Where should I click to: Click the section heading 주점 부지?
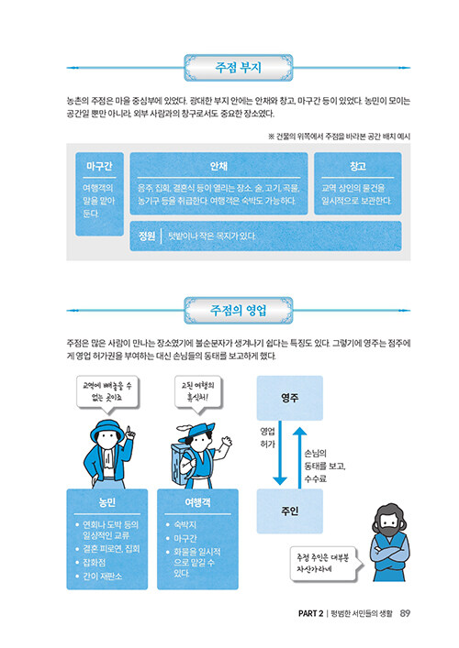(x=238, y=67)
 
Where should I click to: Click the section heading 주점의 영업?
(x=238, y=310)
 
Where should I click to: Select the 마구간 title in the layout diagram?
(x=99, y=166)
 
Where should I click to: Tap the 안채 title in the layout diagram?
(x=218, y=166)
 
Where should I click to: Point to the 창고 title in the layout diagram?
(x=358, y=166)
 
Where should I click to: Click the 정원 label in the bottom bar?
(x=147, y=236)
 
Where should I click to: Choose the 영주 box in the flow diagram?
(x=290, y=398)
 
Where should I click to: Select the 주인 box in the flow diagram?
(x=290, y=511)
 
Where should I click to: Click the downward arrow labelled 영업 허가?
(x=280, y=453)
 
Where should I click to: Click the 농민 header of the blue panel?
(x=106, y=502)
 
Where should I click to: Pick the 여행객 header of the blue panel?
(x=197, y=502)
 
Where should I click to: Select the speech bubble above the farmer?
(x=107, y=395)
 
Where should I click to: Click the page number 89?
(x=405, y=613)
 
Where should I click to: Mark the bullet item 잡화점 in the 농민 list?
(x=95, y=563)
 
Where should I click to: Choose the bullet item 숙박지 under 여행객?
(x=185, y=524)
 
